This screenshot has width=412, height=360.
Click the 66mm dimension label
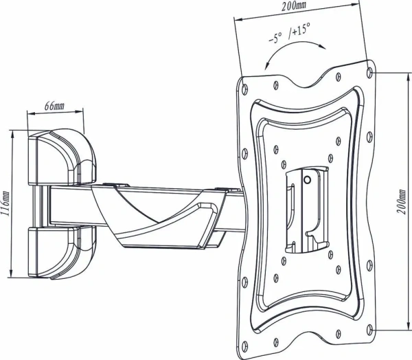pyautogui.click(x=54, y=106)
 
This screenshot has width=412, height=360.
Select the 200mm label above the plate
pyautogui.click(x=294, y=7)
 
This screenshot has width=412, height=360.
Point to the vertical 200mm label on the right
pyautogui.click(x=402, y=202)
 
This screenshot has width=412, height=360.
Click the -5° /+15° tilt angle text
pyautogui.click(x=289, y=34)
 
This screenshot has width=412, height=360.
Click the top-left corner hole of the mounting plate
pyautogui.click(x=244, y=87)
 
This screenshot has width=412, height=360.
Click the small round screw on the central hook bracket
pyautogui.click(x=307, y=180)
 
